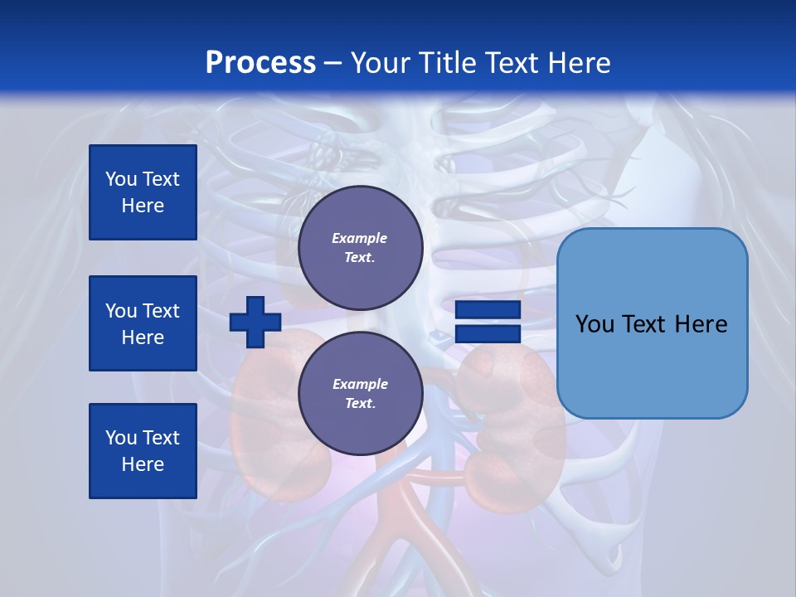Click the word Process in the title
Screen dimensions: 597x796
pyautogui.click(x=260, y=63)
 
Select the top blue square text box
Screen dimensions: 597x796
pyautogui.click(x=143, y=192)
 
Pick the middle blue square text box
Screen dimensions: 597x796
pyautogui.click(x=143, y=323)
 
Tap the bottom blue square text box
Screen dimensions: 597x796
pyautogui.click(x=143, y=451)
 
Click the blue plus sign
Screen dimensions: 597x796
pyautogui.click(x=255, y=322)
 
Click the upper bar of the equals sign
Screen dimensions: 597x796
pyautogui.click(x=488, y=309)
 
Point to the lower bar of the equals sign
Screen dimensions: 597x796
pyautogui.click(x=488, y=333)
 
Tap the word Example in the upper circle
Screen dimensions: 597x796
pyautogui.click(x=360, y=238)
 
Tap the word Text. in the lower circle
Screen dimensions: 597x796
pyautogui.click(x=360, y=404)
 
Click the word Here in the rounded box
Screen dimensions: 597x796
pyautogui.click(x=701, y=324)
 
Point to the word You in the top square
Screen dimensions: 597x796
pyautogui.click(x=121, y=179)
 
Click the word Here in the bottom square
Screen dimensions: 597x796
pyautogui.click(x=143, y=465)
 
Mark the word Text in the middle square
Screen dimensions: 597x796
pyautogui.click(x=161, y=311)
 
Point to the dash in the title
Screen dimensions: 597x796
pyautogui.click(x=332, y=63)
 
